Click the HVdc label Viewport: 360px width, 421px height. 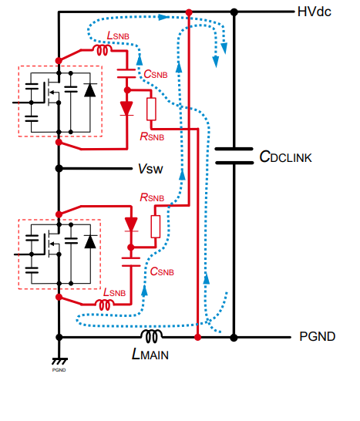(x=314, y=12)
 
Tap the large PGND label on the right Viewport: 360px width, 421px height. (x=318, y=336)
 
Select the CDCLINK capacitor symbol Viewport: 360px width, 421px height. (x=234, y=156)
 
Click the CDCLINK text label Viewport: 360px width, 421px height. (x=286, y=157)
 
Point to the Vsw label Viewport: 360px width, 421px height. (x=150, y=169)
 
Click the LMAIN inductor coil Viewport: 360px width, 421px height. (x=151, y=336)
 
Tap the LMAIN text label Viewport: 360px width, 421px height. (x=150, y=354)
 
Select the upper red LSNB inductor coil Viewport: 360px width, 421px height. (x=103, y=50)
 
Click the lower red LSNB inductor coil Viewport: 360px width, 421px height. (x=104, y=305)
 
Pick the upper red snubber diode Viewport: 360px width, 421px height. (x=126, y=109)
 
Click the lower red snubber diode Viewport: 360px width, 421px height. (x=131, y=224)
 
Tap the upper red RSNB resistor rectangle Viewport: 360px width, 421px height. (x=151, y=109)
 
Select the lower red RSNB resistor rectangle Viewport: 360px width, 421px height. (x=156, y=227)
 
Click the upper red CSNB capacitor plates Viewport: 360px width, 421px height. (x=126, y=73)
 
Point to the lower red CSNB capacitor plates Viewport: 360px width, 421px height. (x=131, y=262)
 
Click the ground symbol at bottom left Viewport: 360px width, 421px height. (x=59, y=361)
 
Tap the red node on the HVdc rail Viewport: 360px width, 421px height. (x=189, y=12)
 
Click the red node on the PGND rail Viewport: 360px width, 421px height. (x=197, y=337)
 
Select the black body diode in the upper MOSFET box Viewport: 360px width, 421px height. (x=90, y=89)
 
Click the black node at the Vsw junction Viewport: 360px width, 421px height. (x=59, y=169)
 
